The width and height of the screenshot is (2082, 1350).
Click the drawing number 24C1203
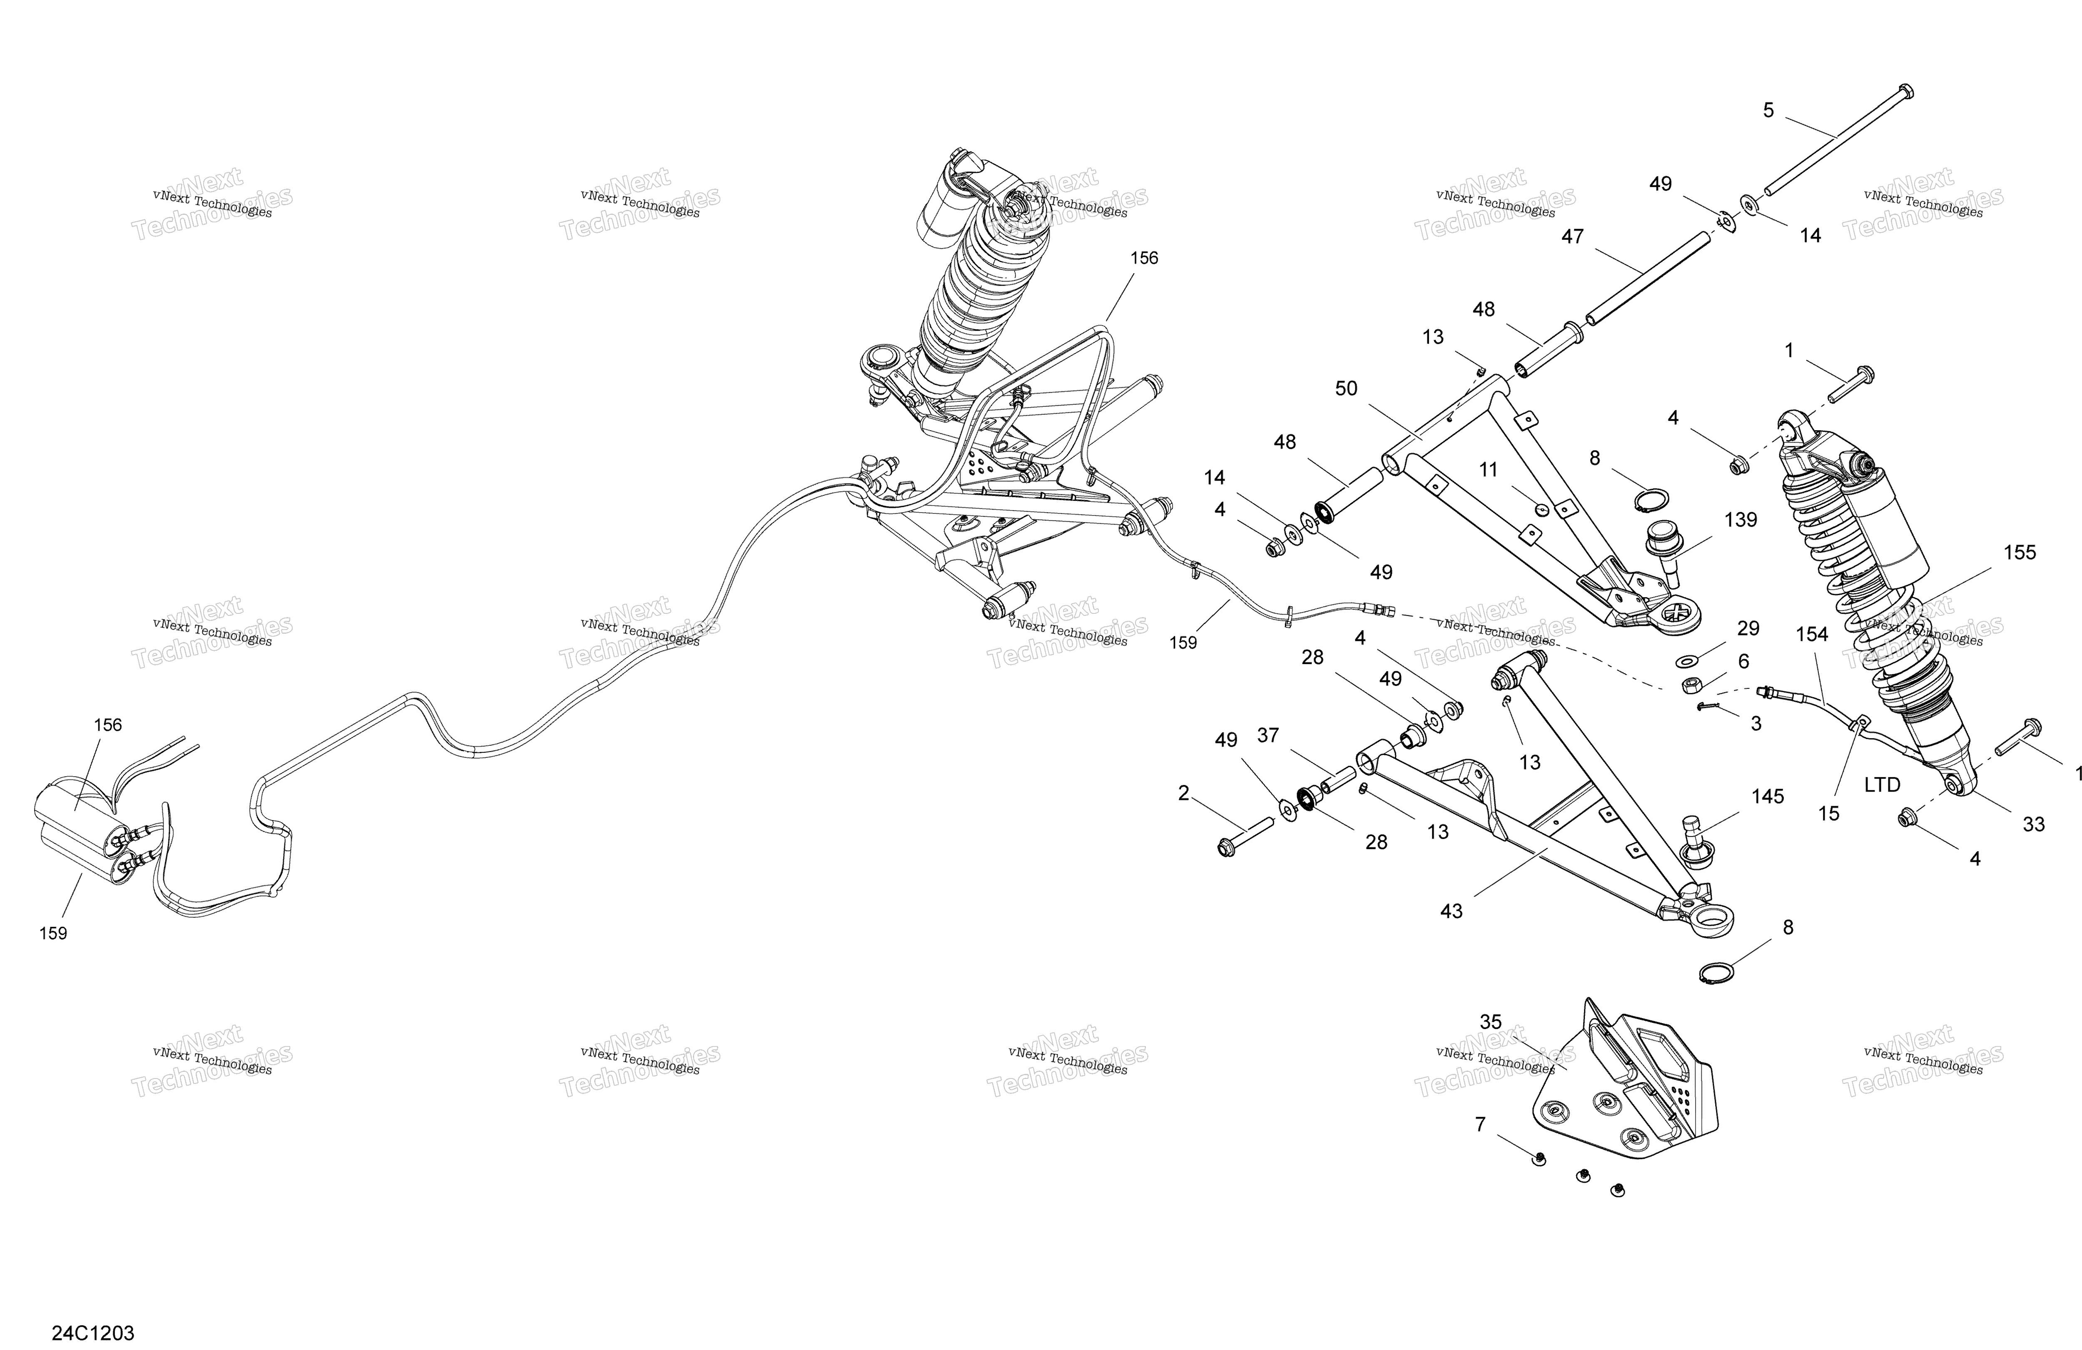tap(93, 1333)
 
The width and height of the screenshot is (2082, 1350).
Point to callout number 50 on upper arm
tap(1346, 389)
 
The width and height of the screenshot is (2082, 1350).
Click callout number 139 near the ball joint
tap(1740, 520)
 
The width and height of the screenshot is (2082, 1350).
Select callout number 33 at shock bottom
tap(2034, 823)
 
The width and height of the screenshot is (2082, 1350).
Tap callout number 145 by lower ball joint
tap(1767, 796)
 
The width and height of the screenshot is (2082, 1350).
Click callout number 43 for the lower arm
tap(1451, 911)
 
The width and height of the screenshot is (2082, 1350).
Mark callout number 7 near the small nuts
tap(1480, 1124)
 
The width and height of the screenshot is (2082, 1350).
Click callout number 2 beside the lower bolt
tap(1183, 793)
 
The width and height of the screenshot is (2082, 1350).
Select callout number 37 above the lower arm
tap(1268, 736)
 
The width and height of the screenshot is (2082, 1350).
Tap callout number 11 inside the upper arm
tap(1488, 470)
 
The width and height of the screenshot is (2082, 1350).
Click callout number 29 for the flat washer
tap(1748, 628)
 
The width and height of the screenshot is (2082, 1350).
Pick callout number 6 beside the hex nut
tap(1743, 661)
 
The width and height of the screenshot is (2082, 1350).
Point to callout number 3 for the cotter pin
tap(1756, 724)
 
